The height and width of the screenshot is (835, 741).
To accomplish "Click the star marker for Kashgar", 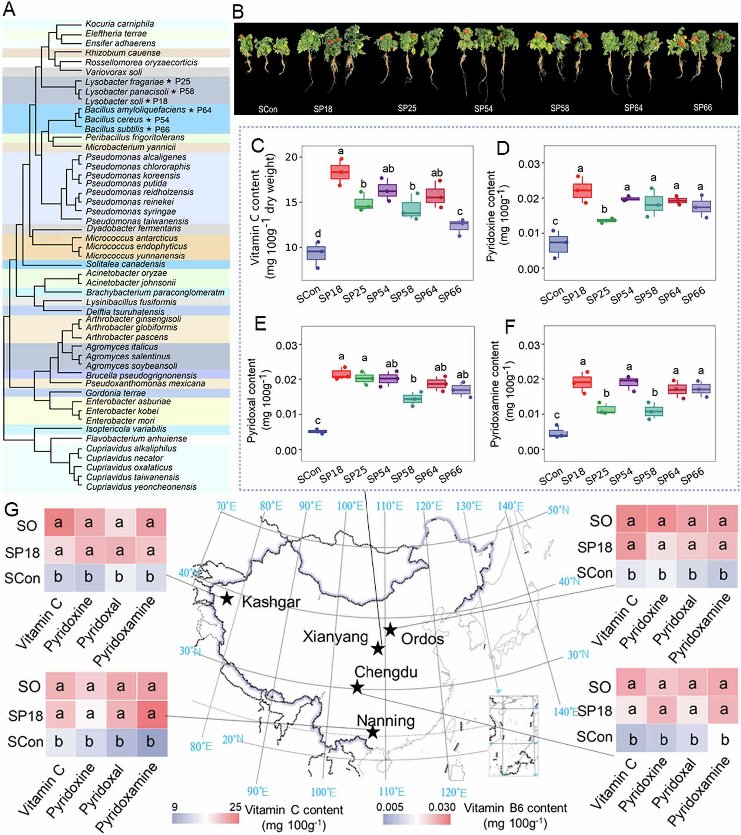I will click(x=227, y=599).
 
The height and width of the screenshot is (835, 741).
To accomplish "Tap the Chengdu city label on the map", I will click(x=386, y=672).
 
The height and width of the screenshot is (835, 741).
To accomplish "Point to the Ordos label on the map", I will click(x=422, y=638).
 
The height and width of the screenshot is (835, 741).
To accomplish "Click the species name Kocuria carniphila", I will click(x=119, y=24).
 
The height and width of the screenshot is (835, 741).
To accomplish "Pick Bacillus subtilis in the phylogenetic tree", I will click(x=114, y=129).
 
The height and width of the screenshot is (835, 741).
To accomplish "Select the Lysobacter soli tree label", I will click(x=114, y=101).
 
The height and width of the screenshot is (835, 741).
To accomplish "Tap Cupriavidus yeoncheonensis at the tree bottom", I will click(x=141, y=487).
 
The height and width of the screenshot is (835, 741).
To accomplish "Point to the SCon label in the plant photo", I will click(x=268, y=109).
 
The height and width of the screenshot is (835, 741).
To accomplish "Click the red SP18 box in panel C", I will click(x=340, y=172).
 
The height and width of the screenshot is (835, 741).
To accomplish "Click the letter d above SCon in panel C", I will click(x=318, y=234).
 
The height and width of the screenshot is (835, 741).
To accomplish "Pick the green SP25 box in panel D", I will click(x=607, y=221).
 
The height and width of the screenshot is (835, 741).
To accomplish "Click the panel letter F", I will click(x=510, y=327).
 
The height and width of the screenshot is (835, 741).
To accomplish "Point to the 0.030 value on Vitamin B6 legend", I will click(x=442, y=807).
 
